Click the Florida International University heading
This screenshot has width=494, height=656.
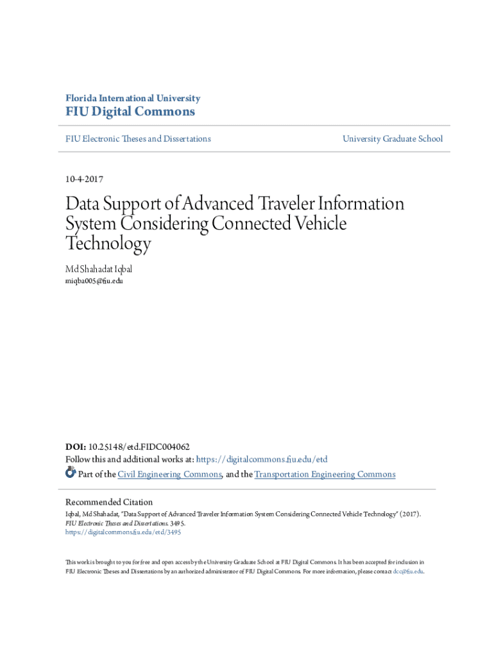133,98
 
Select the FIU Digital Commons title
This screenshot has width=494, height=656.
130,112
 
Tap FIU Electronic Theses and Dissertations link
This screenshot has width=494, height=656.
138,138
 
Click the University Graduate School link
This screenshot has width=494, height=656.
392,138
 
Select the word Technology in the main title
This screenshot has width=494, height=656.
108,243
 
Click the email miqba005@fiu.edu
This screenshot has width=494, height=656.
94,281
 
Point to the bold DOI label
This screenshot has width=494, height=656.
75,447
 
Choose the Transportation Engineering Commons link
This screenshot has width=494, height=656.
325,474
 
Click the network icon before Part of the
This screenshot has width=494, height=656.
71,473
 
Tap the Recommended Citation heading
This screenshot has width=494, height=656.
109,502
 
